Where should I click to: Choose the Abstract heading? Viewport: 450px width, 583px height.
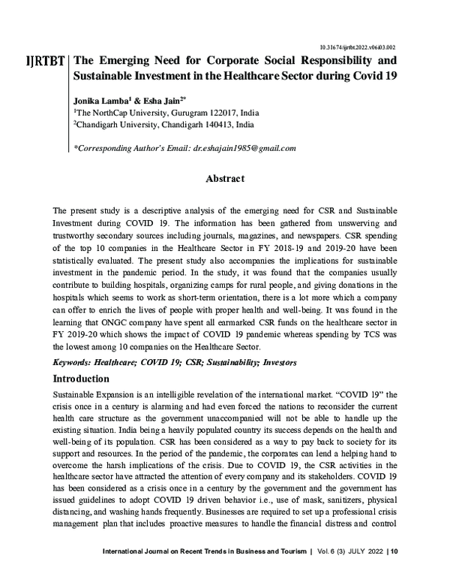tap(225, 179)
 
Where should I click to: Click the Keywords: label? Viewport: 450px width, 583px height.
tap(78, 362)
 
